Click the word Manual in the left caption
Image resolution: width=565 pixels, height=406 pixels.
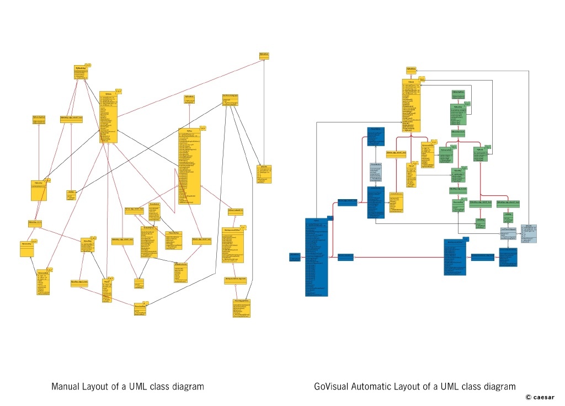(64, 387)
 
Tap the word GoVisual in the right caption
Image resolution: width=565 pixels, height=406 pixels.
(331, 387)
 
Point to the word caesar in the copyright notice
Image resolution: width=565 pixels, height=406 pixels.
(546, 397)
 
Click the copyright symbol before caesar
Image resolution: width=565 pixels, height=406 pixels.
(528, 397)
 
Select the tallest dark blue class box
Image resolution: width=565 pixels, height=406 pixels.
(317, 257)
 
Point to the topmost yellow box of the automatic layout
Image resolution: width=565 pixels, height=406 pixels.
(411, 70)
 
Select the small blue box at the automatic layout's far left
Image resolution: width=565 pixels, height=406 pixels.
(295, 256)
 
